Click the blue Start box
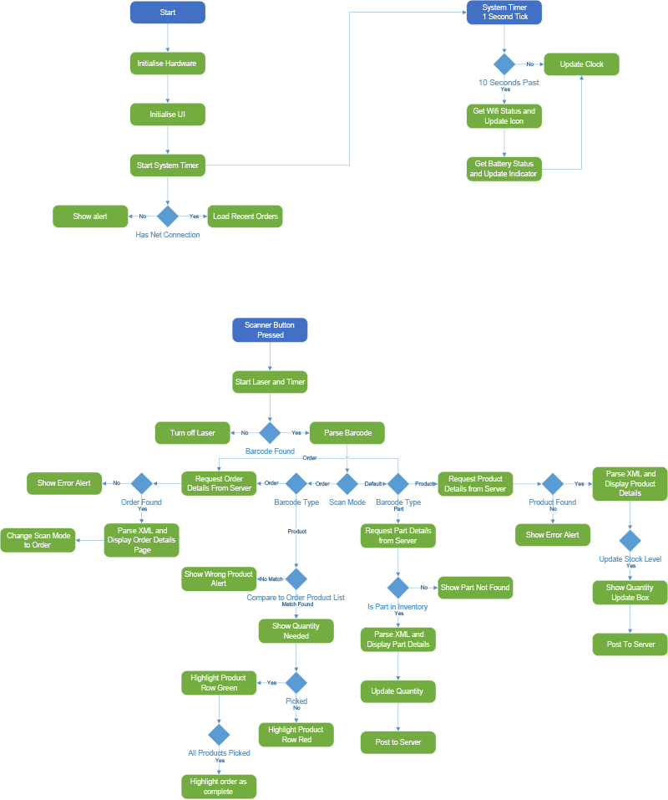168,13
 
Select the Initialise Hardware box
168,64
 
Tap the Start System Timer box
168,166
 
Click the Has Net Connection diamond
168,217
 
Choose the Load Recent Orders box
245,217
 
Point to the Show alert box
89,217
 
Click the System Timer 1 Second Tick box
504,13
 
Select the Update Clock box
582,64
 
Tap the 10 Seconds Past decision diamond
504,64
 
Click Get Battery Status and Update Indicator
504,168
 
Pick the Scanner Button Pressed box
270,330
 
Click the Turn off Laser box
193,433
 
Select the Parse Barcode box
347,433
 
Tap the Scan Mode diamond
347,483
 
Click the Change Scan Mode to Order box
38,540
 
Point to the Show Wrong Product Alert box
219,578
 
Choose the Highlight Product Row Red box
296,735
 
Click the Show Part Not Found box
475,588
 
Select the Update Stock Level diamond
630,540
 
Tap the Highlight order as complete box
219,787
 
